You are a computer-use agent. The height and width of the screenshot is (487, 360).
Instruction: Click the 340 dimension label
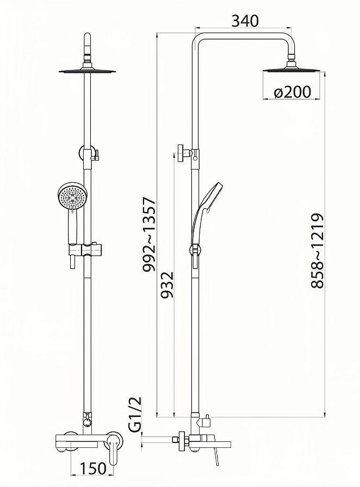pos(245,21)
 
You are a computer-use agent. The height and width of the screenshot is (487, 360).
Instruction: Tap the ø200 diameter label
pos(292,92)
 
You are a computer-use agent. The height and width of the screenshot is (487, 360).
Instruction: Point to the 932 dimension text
pos(167,285)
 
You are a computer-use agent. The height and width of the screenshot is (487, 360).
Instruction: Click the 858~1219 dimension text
pos(317,251)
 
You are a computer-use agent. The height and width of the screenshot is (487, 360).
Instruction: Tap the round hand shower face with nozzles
pos(73,196)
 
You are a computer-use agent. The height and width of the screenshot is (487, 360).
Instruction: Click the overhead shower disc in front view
pos(87,71)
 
